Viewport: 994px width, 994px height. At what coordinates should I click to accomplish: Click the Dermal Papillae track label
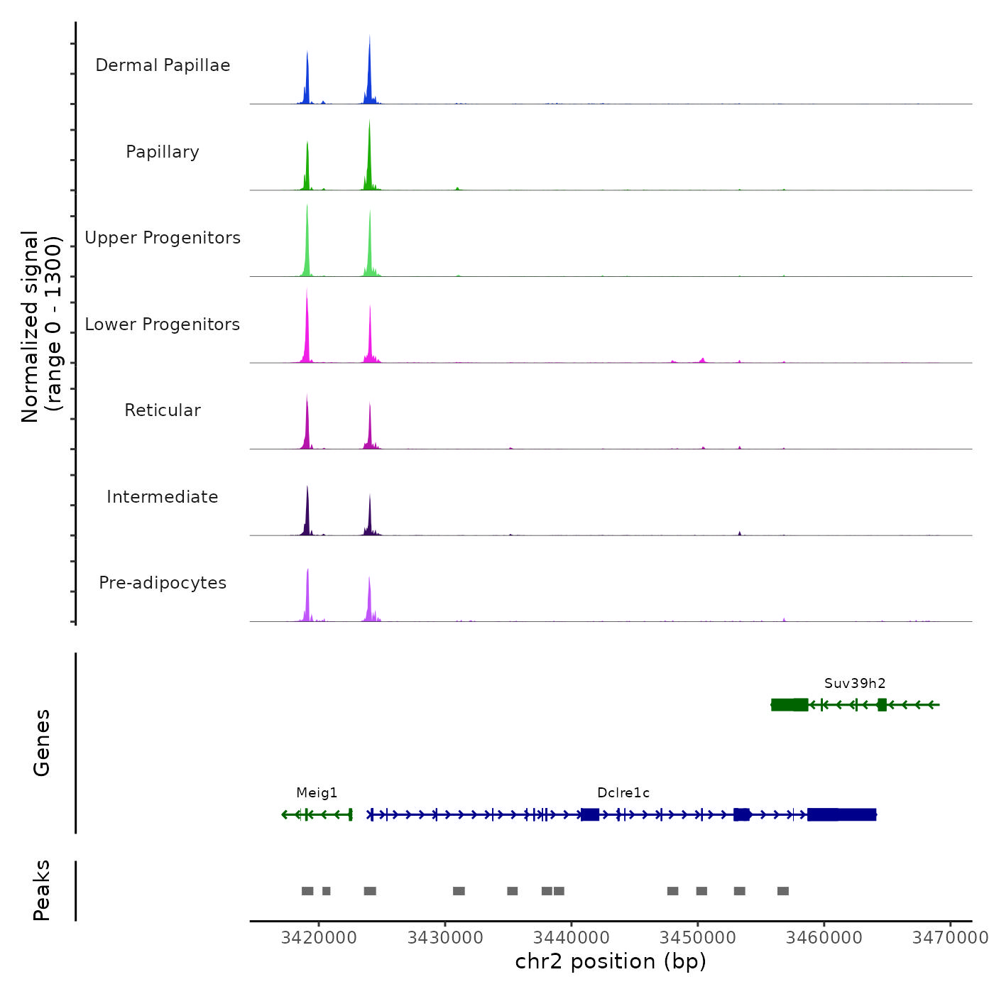coord(163,65)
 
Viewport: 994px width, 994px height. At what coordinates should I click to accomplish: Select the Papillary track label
coord(163,152)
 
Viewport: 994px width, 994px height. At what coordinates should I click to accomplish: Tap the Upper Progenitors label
coord(163,238)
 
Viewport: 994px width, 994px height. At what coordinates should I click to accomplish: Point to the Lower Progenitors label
coord(163,324)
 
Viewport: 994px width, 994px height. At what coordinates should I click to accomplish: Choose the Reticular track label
coord(163,410)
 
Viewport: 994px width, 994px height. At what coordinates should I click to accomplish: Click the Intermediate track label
coord(163,497)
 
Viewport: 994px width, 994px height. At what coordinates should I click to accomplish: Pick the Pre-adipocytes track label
coord(163,583)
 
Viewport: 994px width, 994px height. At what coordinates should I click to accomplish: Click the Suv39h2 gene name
coord(855,684)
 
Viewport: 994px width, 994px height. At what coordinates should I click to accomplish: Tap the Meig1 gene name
coord(317,793)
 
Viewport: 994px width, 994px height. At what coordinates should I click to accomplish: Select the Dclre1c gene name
coord(623,793)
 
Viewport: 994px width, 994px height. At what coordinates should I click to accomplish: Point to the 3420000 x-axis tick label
coord(319,938)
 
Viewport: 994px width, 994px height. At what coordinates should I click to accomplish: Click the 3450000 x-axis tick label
coord(698,938)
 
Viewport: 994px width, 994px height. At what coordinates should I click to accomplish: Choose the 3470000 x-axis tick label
coord(950,938)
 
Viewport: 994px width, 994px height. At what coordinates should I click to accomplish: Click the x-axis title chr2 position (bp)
coord(611,961)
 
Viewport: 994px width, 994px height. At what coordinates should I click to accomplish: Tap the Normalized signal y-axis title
coord(41,327)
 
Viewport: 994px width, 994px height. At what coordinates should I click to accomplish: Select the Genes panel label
coord(41,743)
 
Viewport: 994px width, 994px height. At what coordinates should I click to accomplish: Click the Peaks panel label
coord(41,890)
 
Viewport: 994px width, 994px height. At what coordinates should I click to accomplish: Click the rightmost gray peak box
coord(783,891)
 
